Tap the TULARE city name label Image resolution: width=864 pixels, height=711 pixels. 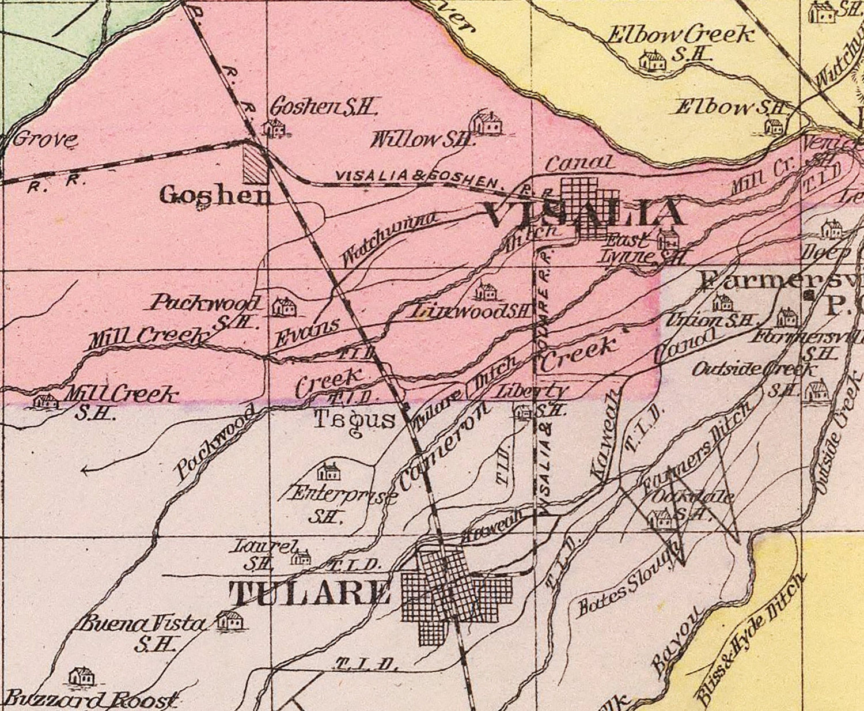pyautogui.click(x=310, y=593)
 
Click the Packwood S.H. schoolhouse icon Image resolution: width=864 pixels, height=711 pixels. pyautogui.click(x=283, y=307)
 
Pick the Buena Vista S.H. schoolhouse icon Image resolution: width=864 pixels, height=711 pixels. pyautogui.click(x=230, y=621)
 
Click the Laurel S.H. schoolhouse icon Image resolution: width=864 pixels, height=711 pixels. pyautogui.click(x=301, y=557)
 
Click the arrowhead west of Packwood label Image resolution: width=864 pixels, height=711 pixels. pyautogui.click(x=85, y=471)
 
